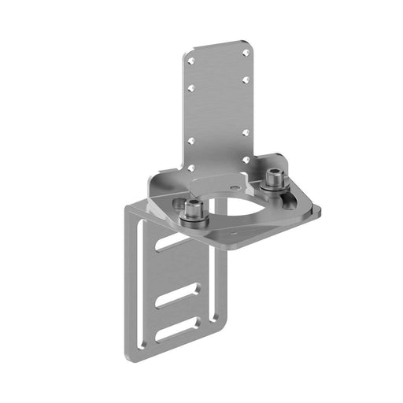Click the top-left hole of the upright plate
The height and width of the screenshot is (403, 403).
coord(190,61)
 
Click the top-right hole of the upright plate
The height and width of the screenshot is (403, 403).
coord(246,54)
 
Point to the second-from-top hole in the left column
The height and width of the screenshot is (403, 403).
coord(190,88)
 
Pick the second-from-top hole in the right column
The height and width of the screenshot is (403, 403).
coord(246,81)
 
